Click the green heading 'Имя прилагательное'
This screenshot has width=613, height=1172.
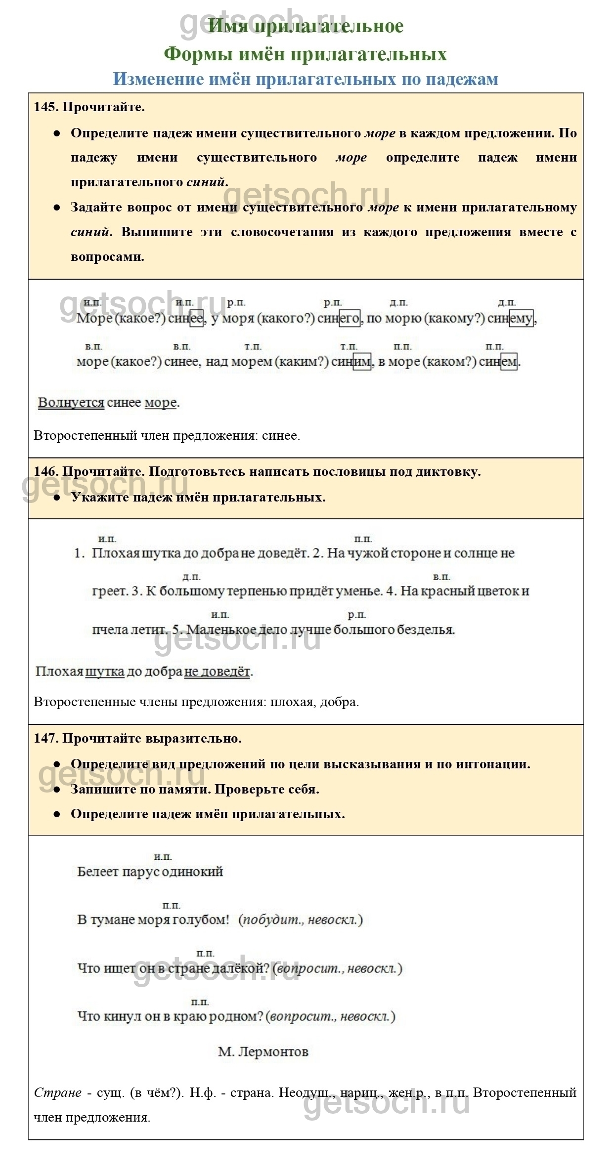[306, 26]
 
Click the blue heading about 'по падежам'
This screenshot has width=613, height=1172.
[306, 79]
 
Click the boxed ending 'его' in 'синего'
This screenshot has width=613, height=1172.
[350, 319]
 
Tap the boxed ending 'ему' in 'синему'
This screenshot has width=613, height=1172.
[521, 319]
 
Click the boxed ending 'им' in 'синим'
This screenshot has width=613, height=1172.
[362, 362]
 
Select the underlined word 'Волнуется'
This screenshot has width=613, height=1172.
[71, 403]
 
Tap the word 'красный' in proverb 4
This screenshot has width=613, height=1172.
[446, 591]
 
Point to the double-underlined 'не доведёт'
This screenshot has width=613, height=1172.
[217, 671]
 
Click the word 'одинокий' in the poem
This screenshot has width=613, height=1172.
[193, 871]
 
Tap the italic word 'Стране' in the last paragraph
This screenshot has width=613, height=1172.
[57, 1092]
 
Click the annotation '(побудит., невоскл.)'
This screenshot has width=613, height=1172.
[301, 920]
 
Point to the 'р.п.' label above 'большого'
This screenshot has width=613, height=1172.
[356, 615]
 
